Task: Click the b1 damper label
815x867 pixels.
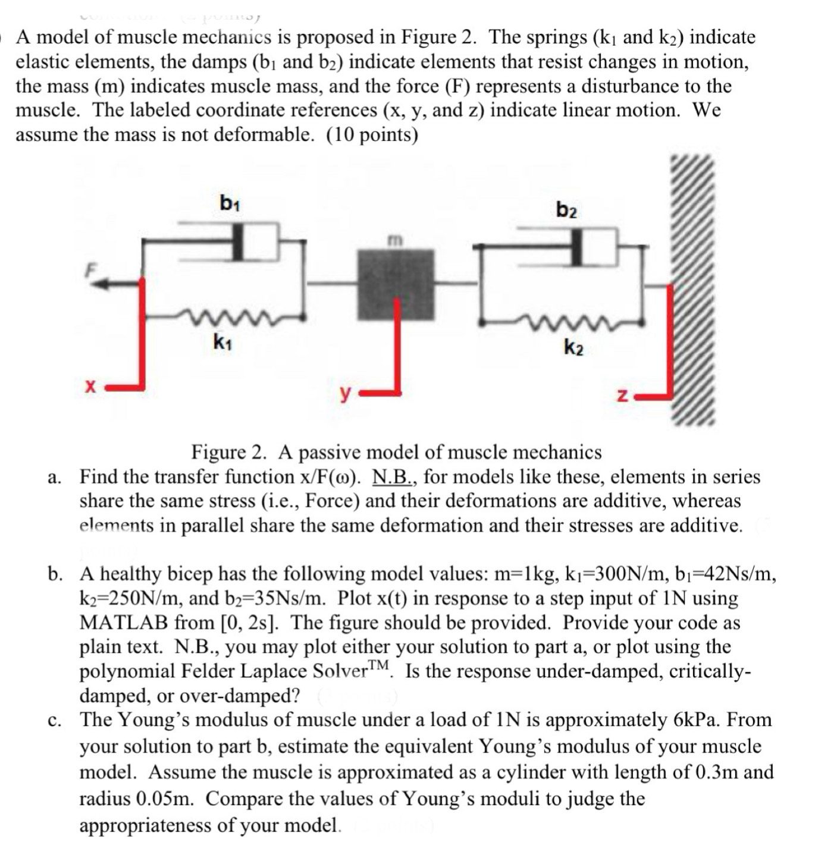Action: pos(229,204)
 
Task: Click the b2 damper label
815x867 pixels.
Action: pos(566,210)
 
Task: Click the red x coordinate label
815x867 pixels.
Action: pos(90,387)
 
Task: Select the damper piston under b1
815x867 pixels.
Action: pos(238,241)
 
